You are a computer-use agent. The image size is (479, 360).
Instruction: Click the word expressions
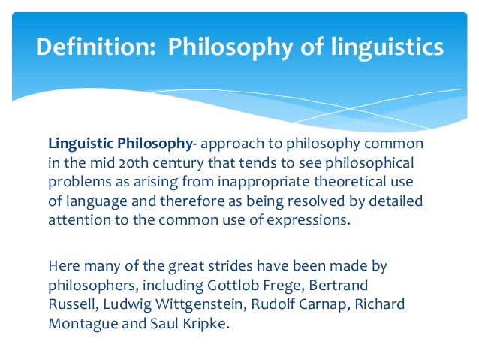[303, 222]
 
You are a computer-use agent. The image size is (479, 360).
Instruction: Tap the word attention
[78, 222]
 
